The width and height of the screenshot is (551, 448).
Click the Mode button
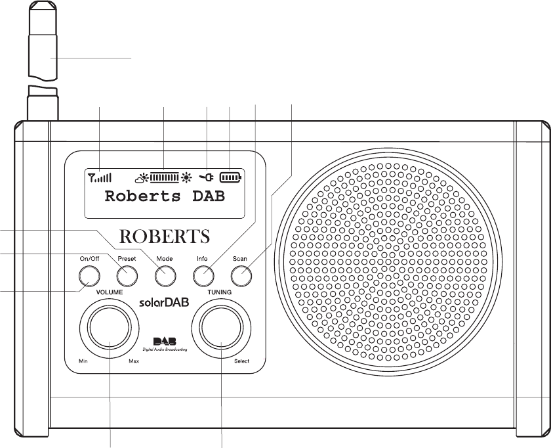[x=164, y=277]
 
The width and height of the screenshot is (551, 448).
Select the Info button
[x=202, y=277]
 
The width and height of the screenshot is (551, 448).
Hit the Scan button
[x=240, y=277]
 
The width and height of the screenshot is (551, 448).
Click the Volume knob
[x=109, y=326]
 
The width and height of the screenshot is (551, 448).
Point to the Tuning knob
[x=222, y=326]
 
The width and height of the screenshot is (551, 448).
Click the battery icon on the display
[x=231, y=177]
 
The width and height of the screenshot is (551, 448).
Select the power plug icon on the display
[x=207, y=177]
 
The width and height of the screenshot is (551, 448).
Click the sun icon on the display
[x=187, y=177]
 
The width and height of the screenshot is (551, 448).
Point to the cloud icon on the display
[x=142, y=177]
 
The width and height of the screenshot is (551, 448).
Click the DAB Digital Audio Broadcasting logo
[x=164, y=344]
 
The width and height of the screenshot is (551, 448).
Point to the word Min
[x=83, y=361]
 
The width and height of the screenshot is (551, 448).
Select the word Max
[x=134, y=361]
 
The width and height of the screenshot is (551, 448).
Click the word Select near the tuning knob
[x=241, y=361]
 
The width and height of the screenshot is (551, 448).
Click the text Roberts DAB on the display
[x=165, y=196]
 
